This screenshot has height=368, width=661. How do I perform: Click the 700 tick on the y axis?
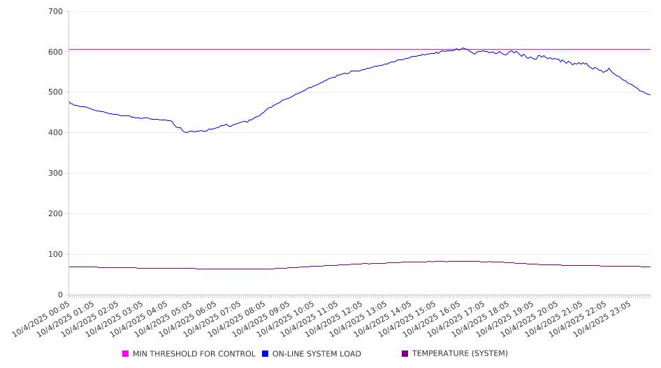(56, 12)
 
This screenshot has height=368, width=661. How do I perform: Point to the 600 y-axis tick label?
(56, 52)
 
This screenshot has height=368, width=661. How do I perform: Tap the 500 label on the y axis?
(56, 92)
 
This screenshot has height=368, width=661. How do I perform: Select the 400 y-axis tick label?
(56, 133)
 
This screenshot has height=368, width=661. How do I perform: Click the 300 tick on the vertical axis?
(56, 174)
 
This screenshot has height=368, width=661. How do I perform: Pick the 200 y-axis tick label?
(56, 214)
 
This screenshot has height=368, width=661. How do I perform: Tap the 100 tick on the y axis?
(56, 255)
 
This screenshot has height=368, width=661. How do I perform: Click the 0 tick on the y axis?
(61, 295)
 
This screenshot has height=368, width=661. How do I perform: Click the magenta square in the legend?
(126, 354)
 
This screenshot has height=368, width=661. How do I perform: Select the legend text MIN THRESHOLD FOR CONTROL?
(194, 354)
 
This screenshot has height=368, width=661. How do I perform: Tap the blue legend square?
(266, 354)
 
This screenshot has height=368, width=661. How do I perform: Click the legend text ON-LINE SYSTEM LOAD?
(317, 354)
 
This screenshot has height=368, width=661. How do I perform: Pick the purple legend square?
(405, 354)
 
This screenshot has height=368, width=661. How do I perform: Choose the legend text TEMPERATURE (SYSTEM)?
(460, 354)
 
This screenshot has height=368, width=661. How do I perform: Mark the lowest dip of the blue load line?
(186, 132)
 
